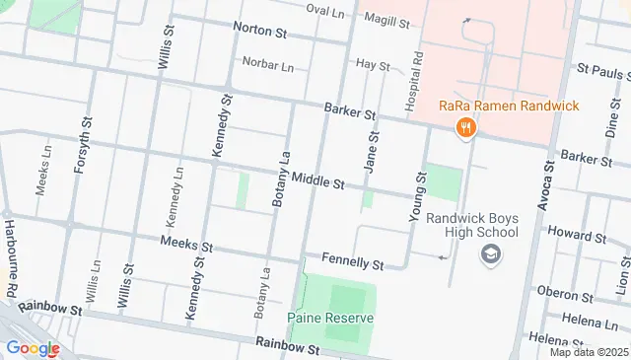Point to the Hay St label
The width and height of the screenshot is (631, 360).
(373, 64)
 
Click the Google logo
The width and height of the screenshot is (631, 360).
(33, 347)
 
